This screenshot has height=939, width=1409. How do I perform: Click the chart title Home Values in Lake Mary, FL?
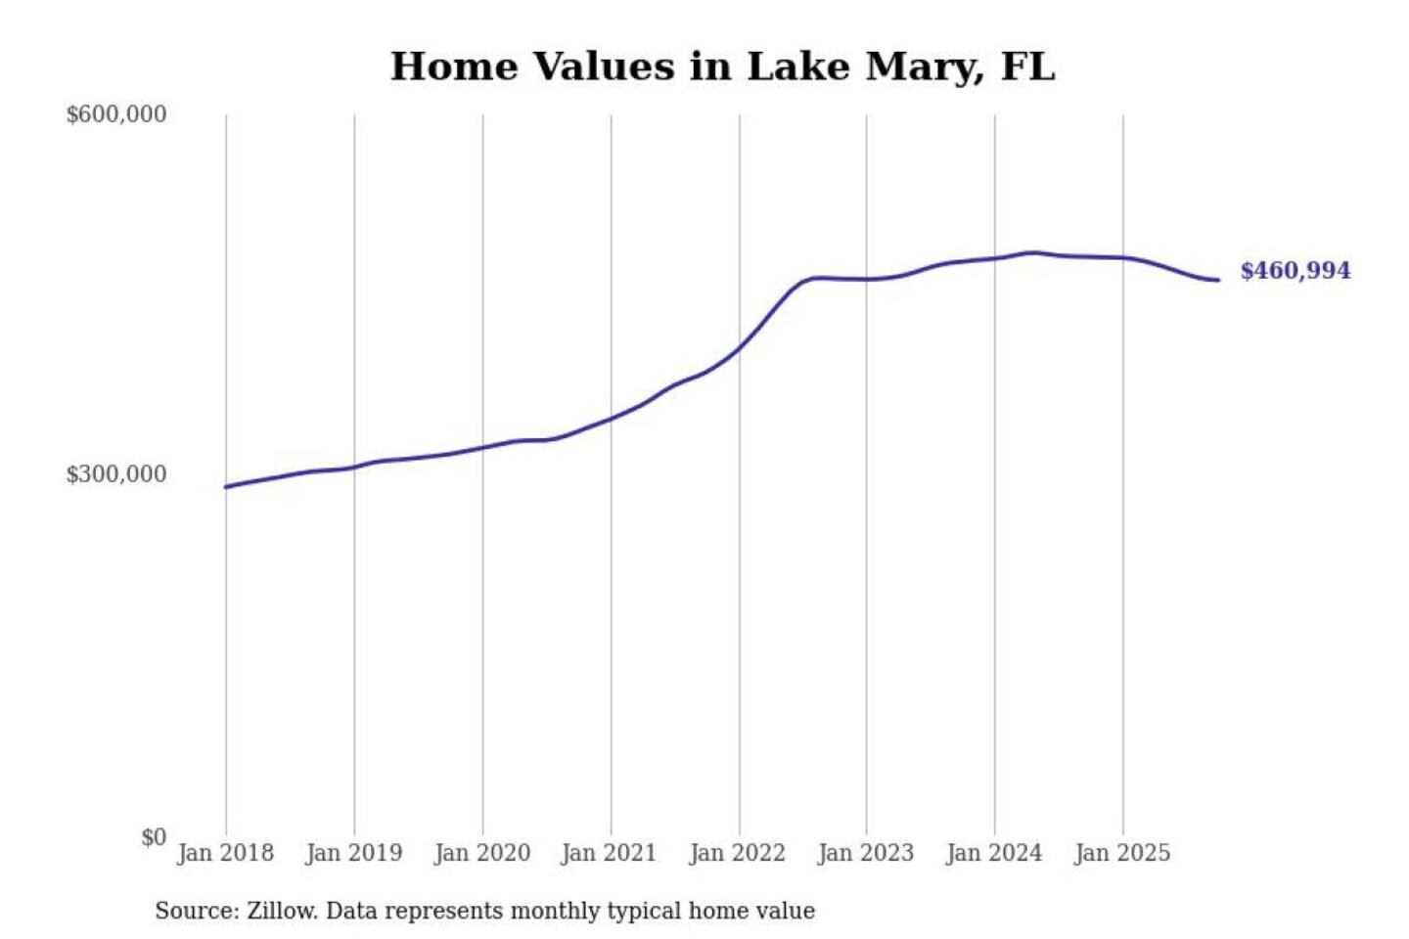(x=722, y=67)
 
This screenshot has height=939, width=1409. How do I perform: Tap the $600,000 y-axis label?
(x=115, y=114)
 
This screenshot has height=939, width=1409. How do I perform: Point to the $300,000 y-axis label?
(x=115, y=474)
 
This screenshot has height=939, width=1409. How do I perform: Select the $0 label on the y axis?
(x=154, y=837)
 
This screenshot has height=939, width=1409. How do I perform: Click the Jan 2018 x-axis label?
(x=225, y=853)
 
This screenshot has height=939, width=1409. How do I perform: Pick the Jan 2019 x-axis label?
(x=353, y=853)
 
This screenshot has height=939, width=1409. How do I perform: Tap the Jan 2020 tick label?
(x=481, y=853)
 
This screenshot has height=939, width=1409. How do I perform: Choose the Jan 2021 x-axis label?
(x=609, y=853)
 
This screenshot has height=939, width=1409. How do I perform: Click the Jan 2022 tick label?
(x=737, y=853)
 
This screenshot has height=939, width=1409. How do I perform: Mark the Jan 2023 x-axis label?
(x=865, y=853)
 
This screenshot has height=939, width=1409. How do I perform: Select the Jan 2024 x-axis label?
(x=993, y=853)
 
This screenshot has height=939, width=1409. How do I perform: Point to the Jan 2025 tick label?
(x=1121, y=853)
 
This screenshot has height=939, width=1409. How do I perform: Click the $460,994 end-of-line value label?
(x=1295, y=271)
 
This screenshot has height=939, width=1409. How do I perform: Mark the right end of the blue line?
(x=1217, y=281)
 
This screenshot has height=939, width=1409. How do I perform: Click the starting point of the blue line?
(x=226, y=487)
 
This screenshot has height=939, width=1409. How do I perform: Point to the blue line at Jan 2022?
(x=740, y=347)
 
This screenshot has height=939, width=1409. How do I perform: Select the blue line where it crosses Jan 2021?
(x=612, y=419)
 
